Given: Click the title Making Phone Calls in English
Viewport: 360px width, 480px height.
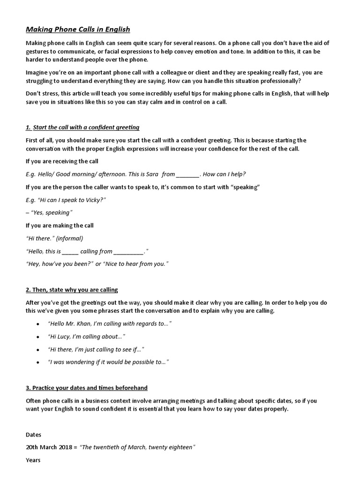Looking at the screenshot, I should pyautogui.click(x=78, y=30).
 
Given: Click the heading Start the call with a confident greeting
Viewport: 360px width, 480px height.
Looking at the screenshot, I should pyautogui.click(x=82, y=127).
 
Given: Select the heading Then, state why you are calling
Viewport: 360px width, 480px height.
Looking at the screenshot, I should pyautogui.click(x=72, y=290).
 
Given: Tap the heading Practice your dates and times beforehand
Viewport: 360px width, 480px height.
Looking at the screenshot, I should pyautogui.click(x=87, y=388).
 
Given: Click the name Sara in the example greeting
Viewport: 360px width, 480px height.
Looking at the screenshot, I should pyautogui.click(x=151, y=174).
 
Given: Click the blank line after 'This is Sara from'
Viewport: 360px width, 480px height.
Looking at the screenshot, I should pyautogui.click(x=188, y=175).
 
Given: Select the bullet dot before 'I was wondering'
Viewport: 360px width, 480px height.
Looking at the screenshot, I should pyautogui.click(x=37, y=362).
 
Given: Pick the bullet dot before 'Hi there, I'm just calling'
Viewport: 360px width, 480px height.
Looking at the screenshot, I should pyautogui.click(x=37, y=350).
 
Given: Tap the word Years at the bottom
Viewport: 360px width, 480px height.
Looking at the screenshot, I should pyautogui.click(x=33, y=460).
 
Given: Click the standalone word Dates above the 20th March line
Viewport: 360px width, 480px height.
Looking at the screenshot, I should pyautogui.click(x=33, y=435).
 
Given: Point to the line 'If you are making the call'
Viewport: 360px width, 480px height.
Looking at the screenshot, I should pyautogui.click(x=60, y=225).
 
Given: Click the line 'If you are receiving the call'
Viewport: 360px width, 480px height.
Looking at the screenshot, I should pyautogui.click(x=62, y=161).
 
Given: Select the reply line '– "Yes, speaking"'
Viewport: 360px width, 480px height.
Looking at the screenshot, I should pyautogui.click(x=49, y=212).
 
